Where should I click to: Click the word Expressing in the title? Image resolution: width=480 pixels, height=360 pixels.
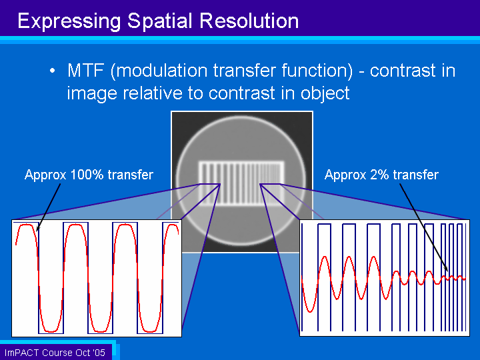pos(69,22)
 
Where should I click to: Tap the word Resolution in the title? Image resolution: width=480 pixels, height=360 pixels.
pos(249,21)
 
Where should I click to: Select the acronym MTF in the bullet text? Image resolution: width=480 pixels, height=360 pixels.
pos(86,71)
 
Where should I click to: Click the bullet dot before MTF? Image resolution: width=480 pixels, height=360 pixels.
pos(53,71)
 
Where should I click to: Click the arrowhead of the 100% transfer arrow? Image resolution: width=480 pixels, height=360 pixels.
pos(37,229)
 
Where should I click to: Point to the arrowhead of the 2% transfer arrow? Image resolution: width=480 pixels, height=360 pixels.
pos(446,269)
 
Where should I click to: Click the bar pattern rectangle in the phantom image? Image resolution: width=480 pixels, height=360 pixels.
pos(241,184)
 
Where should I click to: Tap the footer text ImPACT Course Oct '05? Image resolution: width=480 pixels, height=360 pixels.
pos(55,353)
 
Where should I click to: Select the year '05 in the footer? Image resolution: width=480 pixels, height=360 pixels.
pos(99,353)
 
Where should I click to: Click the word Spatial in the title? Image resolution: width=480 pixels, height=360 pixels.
pos(160,22)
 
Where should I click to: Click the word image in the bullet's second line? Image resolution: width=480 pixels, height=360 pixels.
pos(92,94)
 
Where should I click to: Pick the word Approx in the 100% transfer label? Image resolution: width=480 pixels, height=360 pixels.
pos(45,175)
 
